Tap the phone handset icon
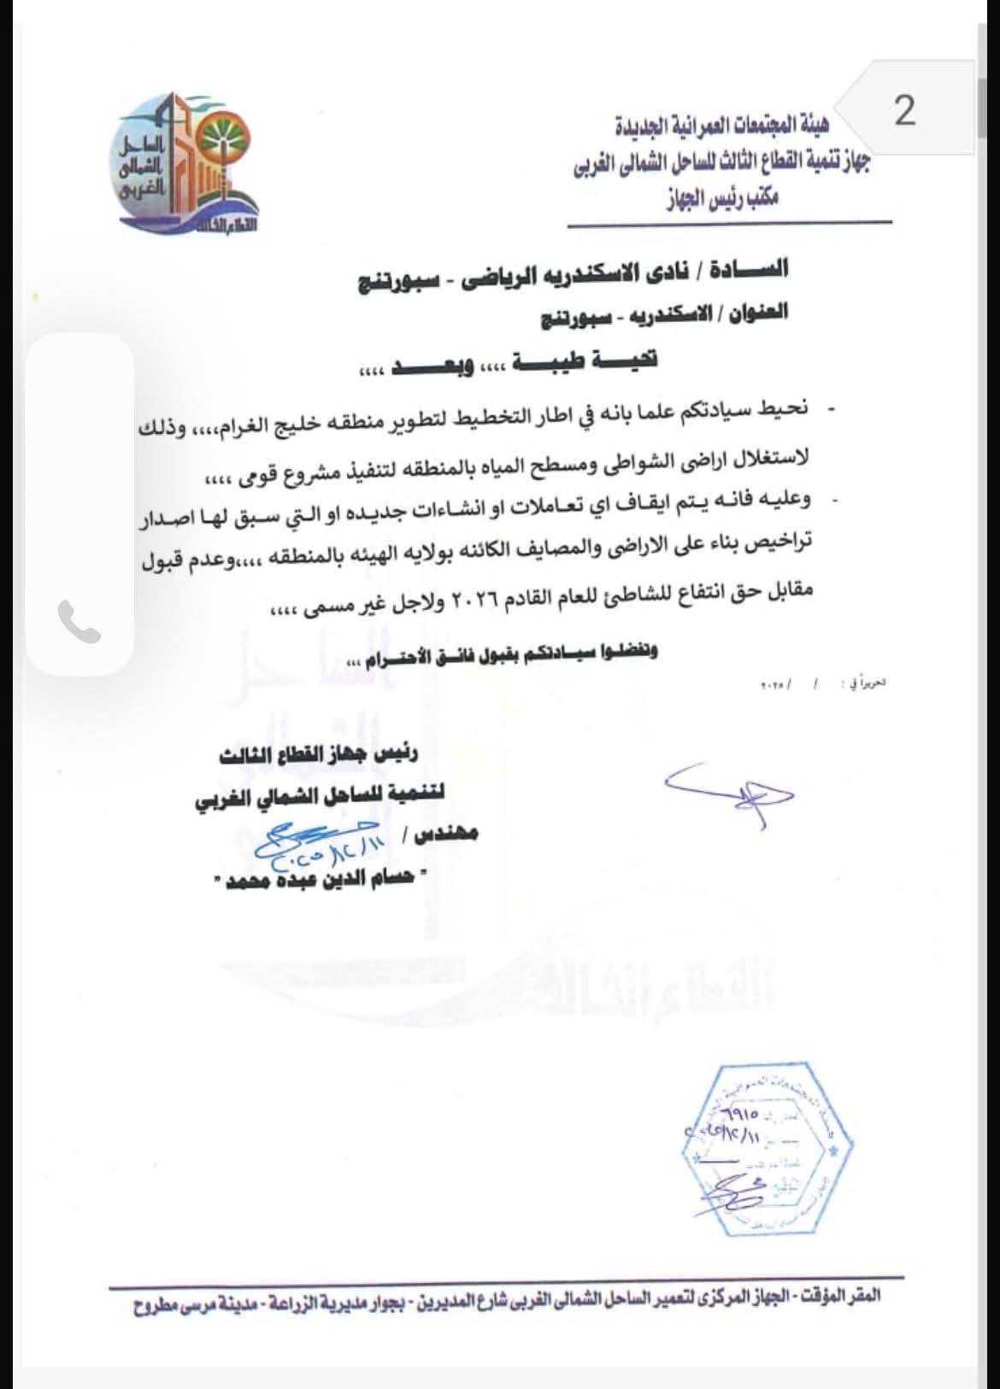pyautogui.click(x=79, y=623)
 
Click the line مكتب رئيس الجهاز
pyautogui.click(x=721, y=202)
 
